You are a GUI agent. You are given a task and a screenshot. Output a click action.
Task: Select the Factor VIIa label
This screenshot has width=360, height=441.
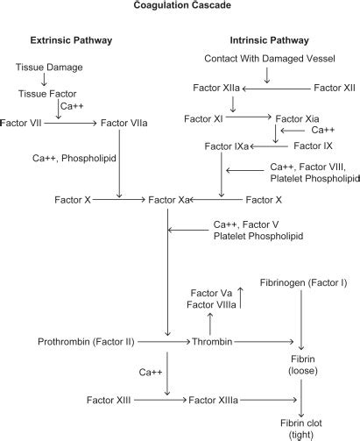pyautogui.click(x=127, y=124)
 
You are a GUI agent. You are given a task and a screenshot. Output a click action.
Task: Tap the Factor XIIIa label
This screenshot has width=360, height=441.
pyautogui.click(x=213, y=400)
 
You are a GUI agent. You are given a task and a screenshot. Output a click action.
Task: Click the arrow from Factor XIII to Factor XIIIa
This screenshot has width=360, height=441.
pyautogui.click(x=153, y=400)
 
